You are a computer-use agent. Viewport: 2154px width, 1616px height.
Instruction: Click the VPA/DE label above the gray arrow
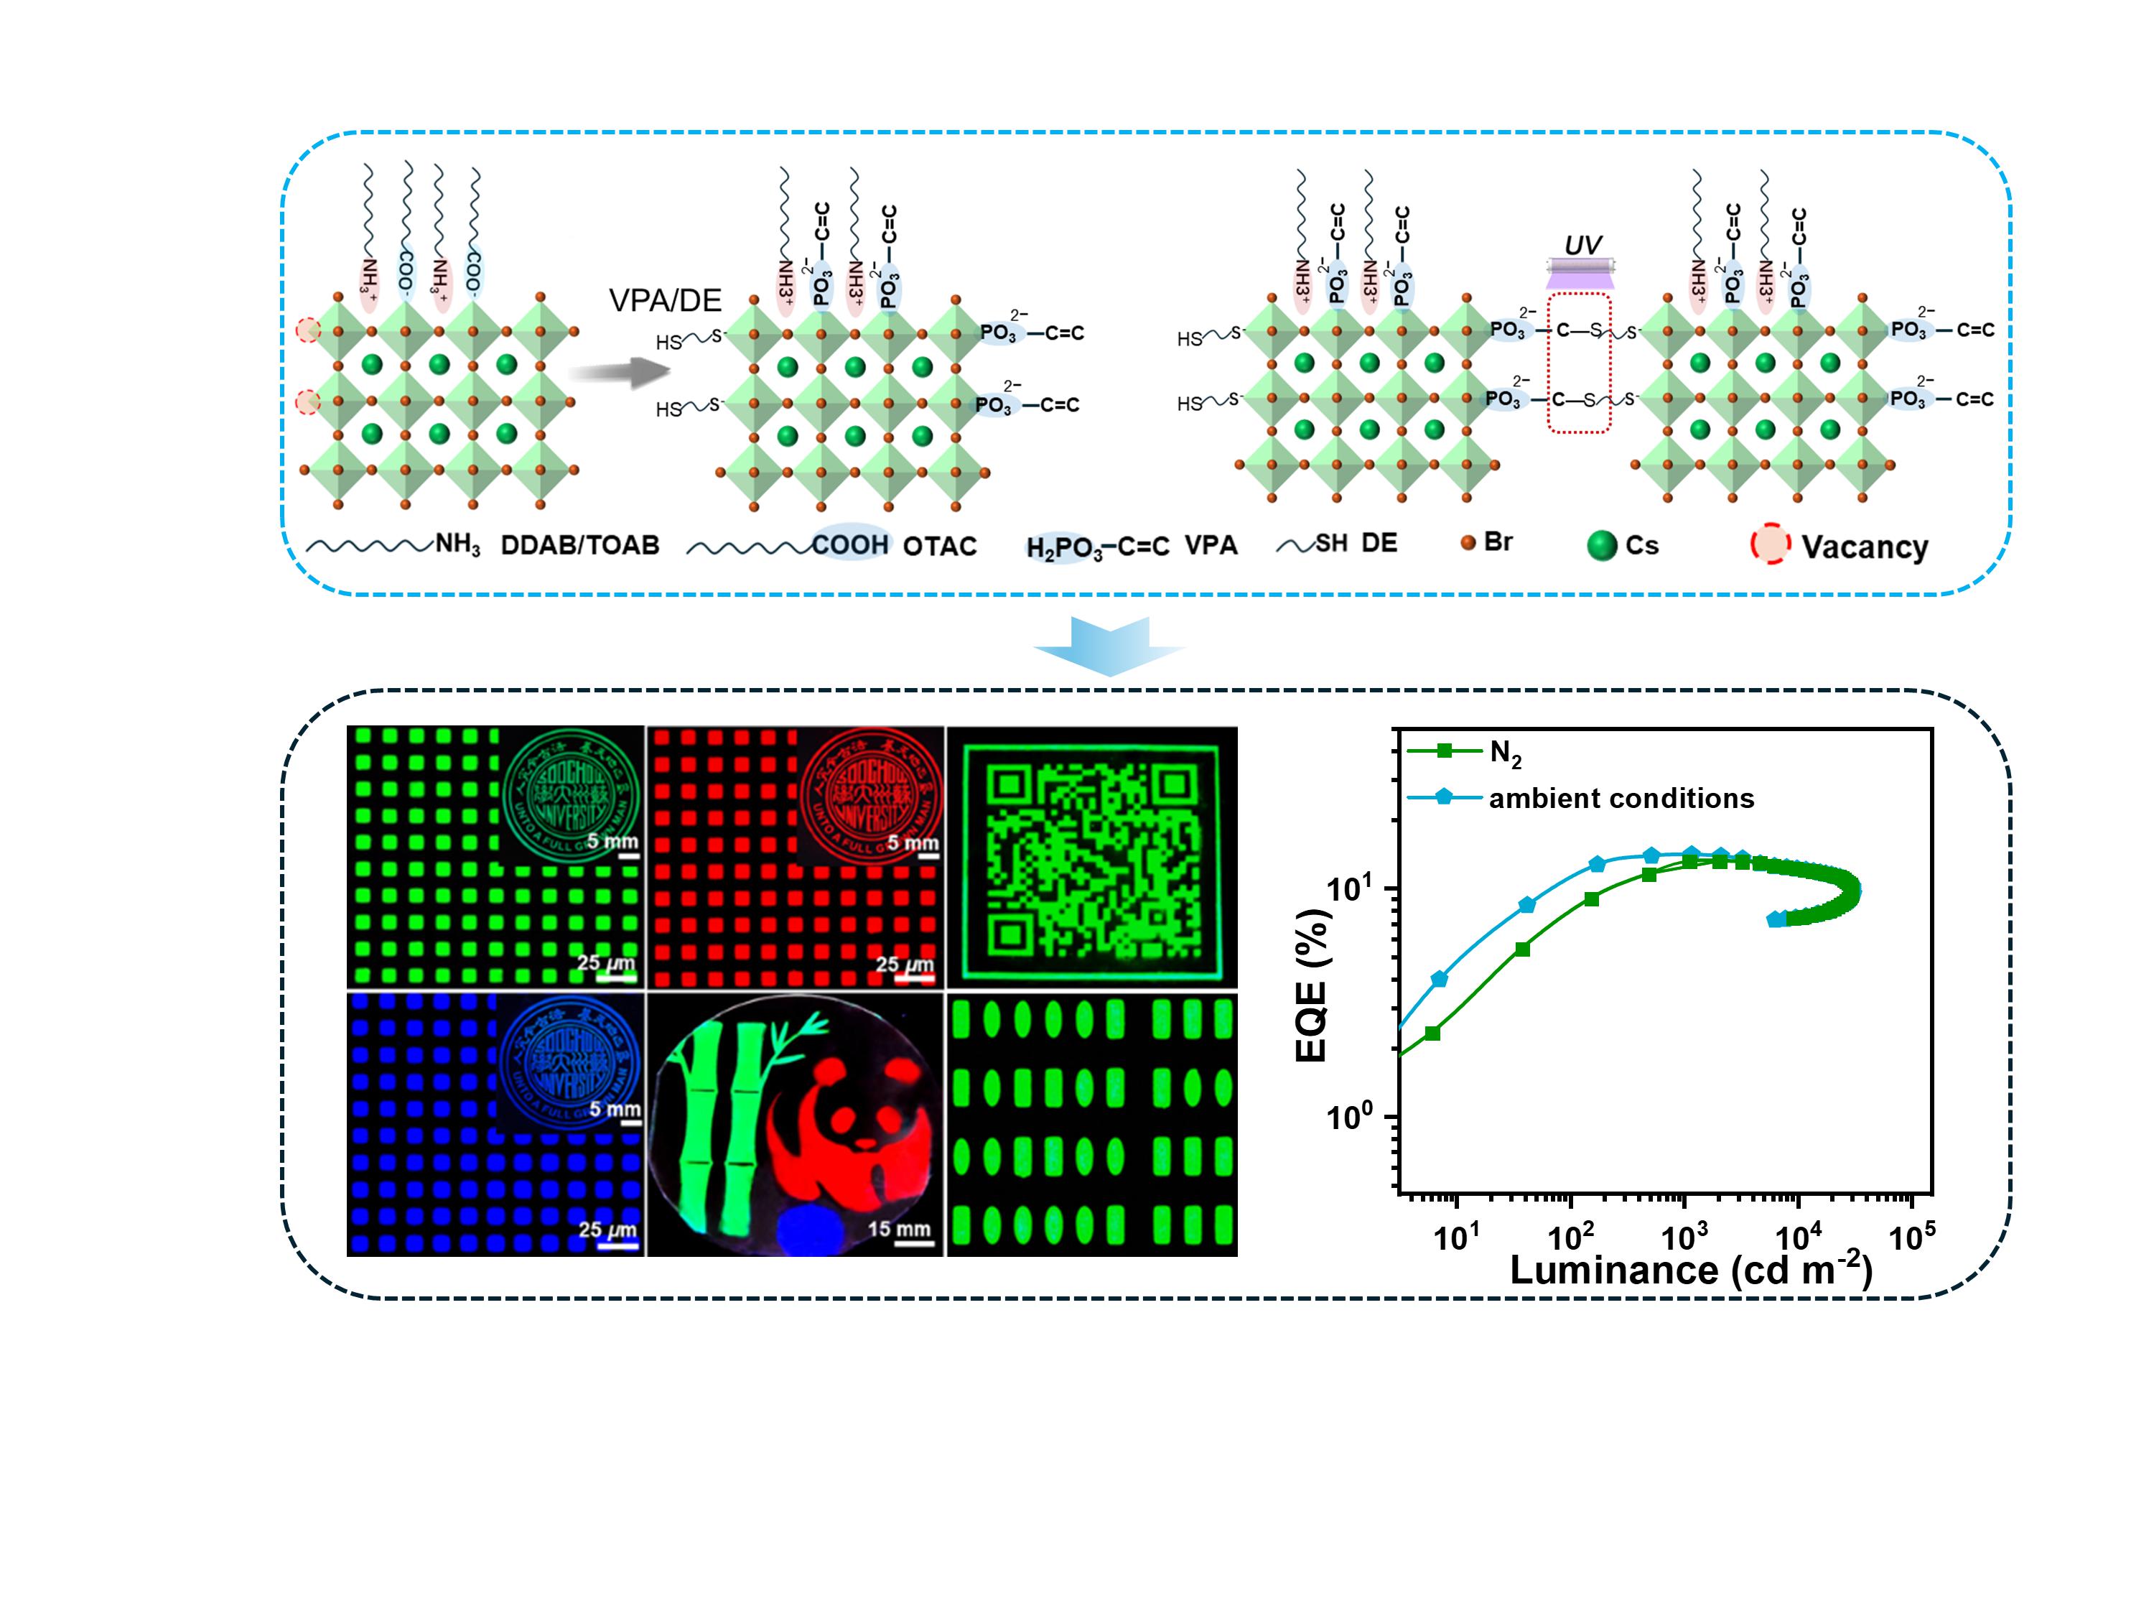pos(666,300)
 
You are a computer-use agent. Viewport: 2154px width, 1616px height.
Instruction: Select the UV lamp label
pos(1582,244)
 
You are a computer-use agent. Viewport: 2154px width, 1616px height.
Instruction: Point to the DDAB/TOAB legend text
pos(579,544)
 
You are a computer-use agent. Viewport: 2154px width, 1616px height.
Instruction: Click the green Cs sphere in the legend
pos(1602,545)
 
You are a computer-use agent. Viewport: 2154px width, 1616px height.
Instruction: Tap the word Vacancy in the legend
pos(1864,547)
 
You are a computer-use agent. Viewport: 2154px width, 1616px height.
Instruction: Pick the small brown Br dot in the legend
pos(1468,542)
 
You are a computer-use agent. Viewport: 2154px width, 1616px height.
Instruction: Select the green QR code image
pos(1091,857)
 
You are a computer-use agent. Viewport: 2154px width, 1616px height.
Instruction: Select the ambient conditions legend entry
pos(1621,799)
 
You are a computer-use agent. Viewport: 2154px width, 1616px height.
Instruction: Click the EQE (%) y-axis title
pos(1314,985)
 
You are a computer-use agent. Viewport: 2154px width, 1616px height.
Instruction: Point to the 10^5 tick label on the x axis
pos(1911,1237)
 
